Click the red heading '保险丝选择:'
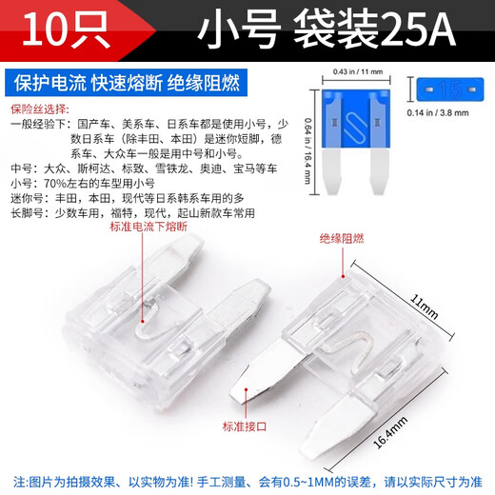click(42, 109)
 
